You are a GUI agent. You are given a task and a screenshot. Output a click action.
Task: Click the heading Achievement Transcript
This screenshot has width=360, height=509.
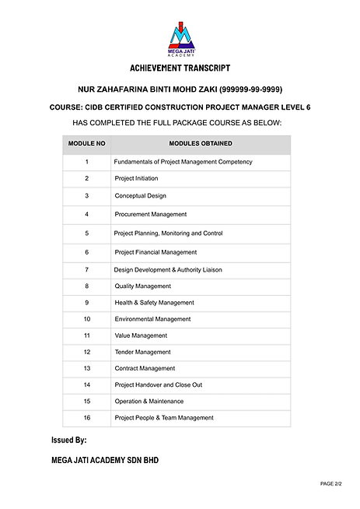click(180, 68)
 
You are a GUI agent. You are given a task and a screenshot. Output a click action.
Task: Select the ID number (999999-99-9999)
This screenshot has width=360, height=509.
click(261, 90)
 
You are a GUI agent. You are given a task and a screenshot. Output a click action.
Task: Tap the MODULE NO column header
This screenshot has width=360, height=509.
click(87, 144)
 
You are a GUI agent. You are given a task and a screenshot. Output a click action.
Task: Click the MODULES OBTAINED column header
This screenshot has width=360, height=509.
click(201, 144)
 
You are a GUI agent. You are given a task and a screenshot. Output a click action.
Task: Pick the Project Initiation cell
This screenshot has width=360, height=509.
click(136, 179)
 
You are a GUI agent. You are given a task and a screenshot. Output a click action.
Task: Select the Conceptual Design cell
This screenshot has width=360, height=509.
click(140, 196)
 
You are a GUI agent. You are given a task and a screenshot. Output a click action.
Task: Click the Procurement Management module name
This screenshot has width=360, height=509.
click(151, 214)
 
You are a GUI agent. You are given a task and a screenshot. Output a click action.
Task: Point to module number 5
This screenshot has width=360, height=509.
click(87, 233)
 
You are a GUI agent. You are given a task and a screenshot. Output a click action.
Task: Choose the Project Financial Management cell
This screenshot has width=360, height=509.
click(156, 252)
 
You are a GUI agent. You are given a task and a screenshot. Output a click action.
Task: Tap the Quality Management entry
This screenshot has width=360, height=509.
click(142, 286)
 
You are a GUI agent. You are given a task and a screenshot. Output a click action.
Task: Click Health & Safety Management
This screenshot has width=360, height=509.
click(154, 303)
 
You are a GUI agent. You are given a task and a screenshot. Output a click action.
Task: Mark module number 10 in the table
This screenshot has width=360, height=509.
click(87, 319)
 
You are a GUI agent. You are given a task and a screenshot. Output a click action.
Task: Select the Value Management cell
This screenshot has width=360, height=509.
click(141, 335)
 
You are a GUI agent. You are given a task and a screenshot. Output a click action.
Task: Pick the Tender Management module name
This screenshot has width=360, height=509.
click(142, 352)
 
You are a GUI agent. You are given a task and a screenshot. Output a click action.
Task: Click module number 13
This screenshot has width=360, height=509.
click(87, 368)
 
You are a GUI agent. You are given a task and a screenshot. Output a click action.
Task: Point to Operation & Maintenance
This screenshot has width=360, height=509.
click(149, 402)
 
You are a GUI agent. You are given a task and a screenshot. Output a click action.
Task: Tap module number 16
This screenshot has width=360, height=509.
click(87, 418)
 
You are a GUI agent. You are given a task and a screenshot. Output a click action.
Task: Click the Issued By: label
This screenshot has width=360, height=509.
click(68, 441)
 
